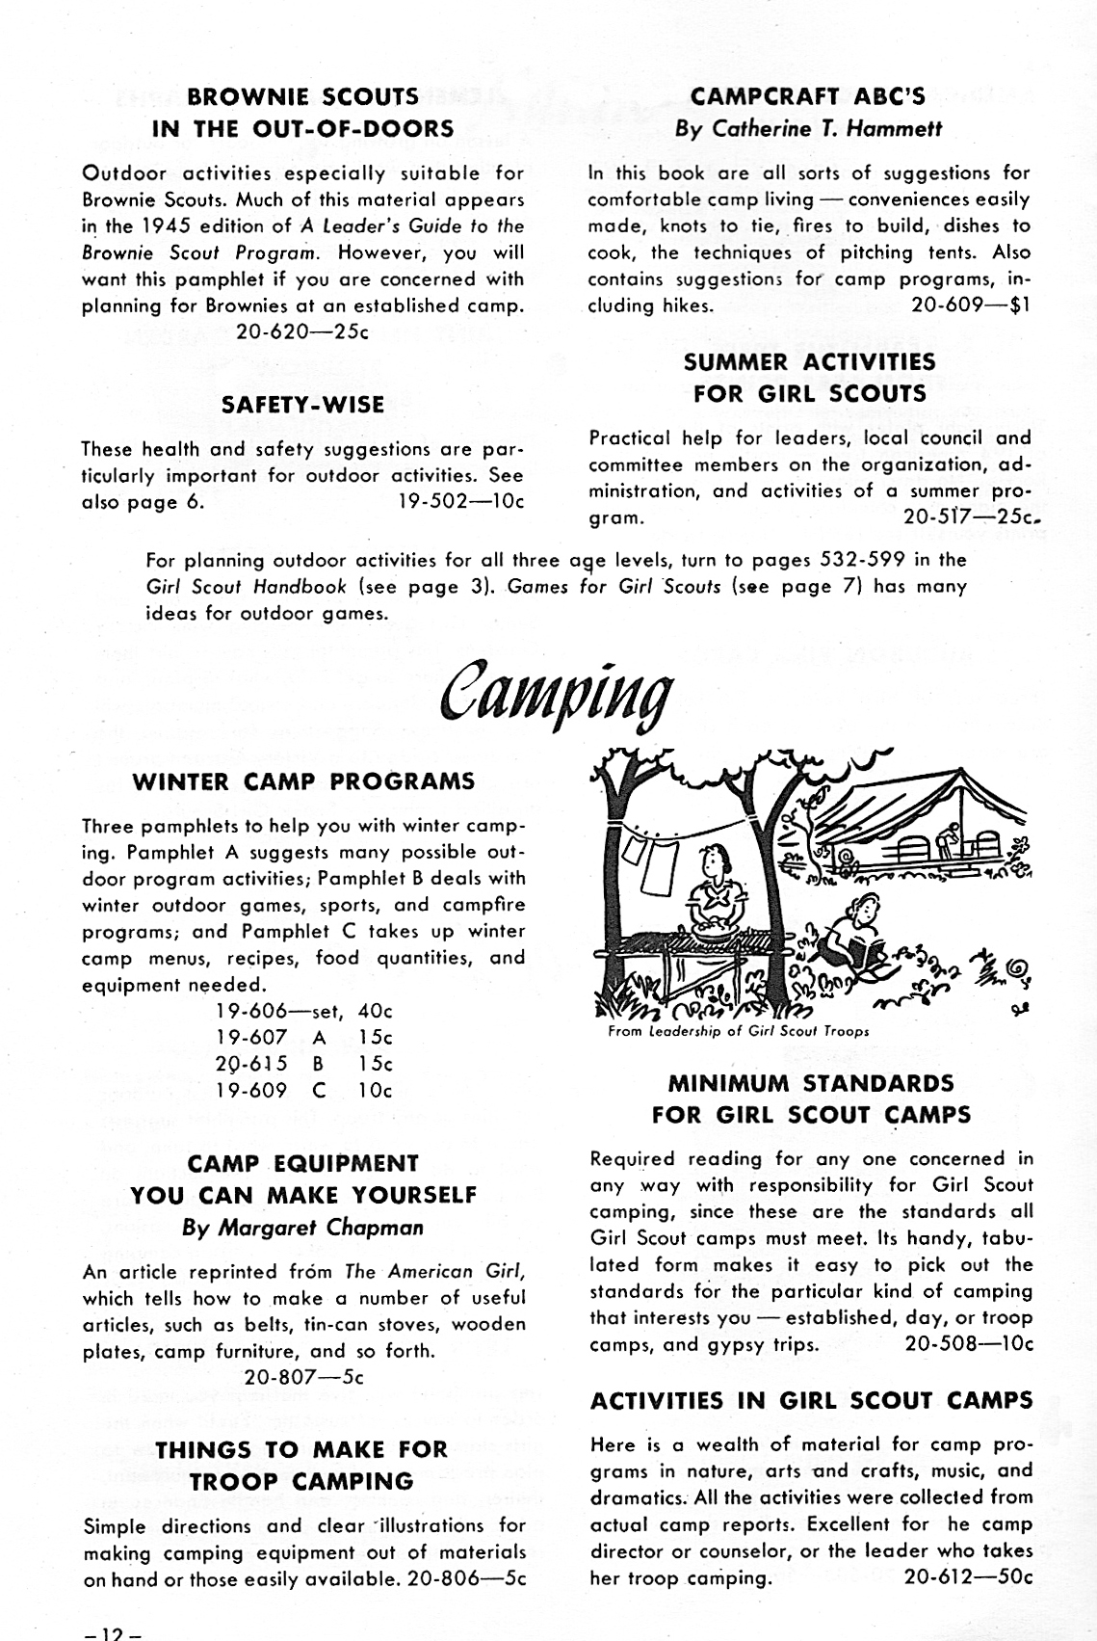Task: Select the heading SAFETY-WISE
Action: click(302, 405)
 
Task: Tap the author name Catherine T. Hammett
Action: click(808, 128)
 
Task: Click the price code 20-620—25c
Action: click(301, 332)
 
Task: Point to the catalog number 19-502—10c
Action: click(460, 502)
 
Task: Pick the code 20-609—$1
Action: click(970, 305)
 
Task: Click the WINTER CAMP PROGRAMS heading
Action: click(303, 781)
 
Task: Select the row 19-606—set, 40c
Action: click(304, 1012)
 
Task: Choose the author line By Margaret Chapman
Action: click(303, 1228)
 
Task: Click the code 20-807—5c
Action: click(303, 1377)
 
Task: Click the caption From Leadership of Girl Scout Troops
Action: click(739, 1030)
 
